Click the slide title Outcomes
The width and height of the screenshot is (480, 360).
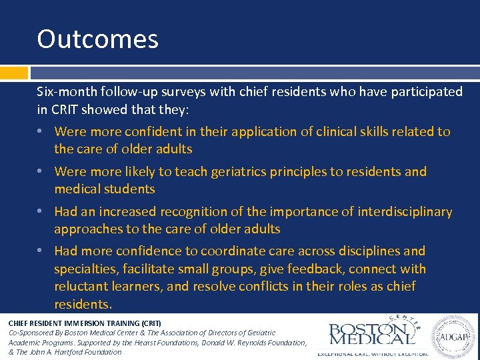pyautogui.click(x=98, y=39)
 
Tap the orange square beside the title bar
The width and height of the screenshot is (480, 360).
pyautogui.click(x=14, y=73)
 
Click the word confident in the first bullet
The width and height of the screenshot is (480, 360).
pyautogui.click(x=147, y=131)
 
